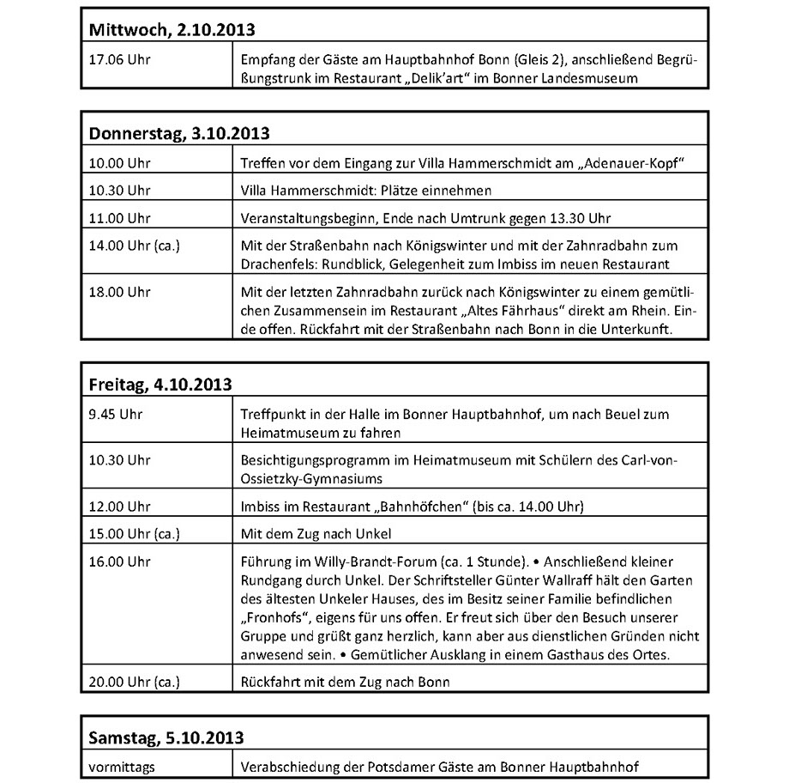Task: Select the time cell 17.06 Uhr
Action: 119,61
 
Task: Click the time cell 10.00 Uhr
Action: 119,163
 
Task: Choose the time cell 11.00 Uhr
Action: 119,216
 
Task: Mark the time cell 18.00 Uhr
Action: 119,292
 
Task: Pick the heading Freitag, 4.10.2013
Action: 160,385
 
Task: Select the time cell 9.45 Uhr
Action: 116,414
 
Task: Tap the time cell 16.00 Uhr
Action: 119,561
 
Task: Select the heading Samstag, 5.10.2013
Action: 166,737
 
